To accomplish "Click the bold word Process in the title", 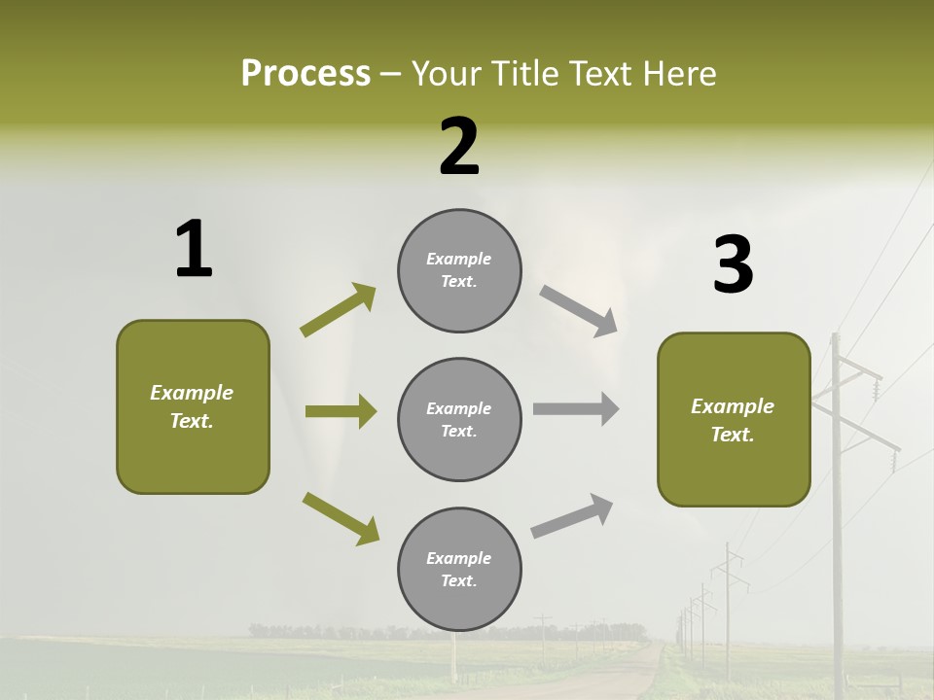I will (305, 73).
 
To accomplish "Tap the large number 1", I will (194, 249).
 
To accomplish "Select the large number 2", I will (459, 147).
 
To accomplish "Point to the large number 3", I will (733, 264).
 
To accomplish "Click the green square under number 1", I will (193, 406).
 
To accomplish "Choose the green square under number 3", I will (734, 419).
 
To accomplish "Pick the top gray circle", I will (459, 269).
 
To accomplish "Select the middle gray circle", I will (459, 419).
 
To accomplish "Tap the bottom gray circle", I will (459, 569).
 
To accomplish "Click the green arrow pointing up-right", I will (338, 310).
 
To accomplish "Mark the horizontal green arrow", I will (341, 411).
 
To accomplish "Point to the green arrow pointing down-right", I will (341, 518).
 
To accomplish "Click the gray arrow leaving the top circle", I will (578, 310).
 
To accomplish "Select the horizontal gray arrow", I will (576, 408).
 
